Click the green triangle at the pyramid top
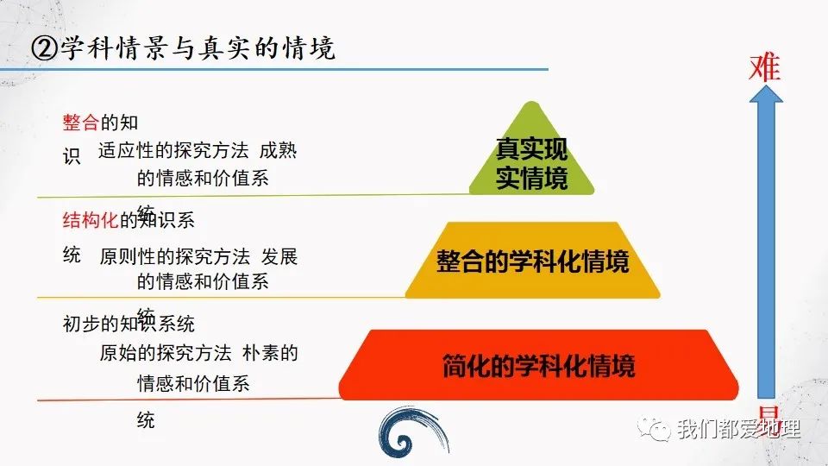(x=532, y=155)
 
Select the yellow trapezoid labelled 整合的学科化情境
(x=532, y=260)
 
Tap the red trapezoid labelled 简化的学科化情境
(x=538, y=365)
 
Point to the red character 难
(x=764, y=66)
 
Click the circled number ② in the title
(x=44, y=48)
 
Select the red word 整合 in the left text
(x=81, y=123)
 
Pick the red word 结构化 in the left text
(x=91, y=221)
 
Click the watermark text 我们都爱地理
(x=738, y=429)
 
